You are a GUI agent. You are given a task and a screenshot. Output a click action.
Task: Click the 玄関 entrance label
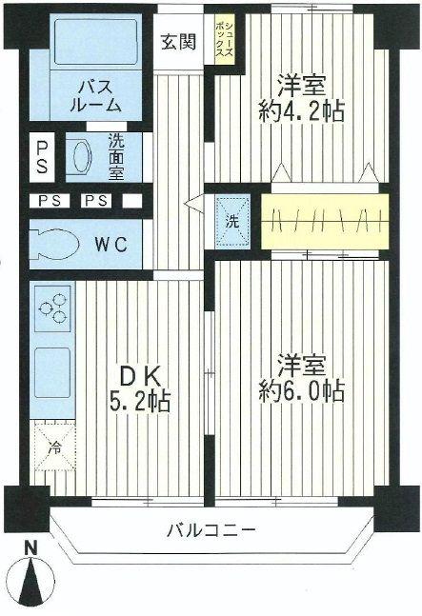coord(178,43)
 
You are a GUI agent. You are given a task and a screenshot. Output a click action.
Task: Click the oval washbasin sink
coord(78,155)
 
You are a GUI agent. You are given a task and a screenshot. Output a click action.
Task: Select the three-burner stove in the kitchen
coord(52,309)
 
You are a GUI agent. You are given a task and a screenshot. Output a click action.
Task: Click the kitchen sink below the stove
coord(52,367)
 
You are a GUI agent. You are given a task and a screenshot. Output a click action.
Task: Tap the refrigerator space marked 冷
coord(51,444)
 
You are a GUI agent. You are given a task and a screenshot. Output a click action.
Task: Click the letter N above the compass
coord(31,547)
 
